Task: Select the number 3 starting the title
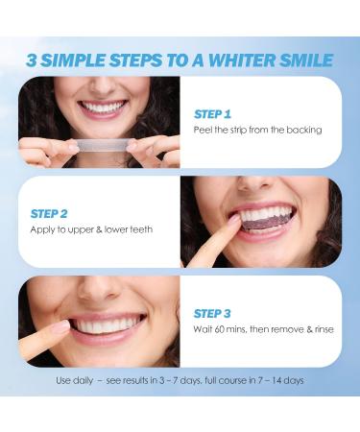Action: (33, 60)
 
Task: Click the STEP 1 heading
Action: (212, 113)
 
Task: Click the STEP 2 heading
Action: (50, 213)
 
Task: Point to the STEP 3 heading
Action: (212, 313)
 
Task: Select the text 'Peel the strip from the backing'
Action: (257, 130)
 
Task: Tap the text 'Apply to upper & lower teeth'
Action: (91, 229)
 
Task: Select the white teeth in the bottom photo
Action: (108, 326)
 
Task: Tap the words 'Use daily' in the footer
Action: (77, 380)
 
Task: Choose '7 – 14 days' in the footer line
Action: (280, 380)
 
